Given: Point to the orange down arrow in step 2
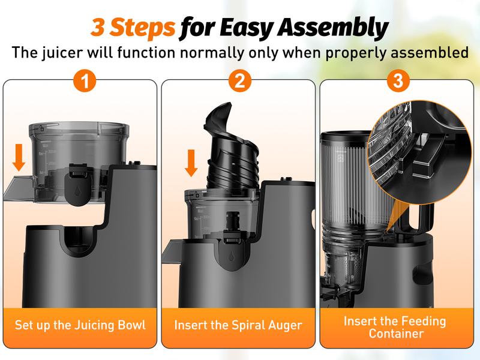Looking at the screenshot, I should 191,163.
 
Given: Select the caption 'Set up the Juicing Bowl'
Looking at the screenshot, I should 80,326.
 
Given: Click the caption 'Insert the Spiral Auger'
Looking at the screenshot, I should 238,326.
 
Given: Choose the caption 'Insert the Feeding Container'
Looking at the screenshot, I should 395,327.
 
